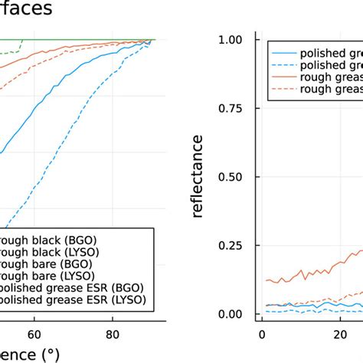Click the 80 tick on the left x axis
point(113,334)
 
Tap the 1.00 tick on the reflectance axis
point(233,40)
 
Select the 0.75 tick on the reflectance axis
point(233,108)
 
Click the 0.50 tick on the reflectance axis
point(233,177)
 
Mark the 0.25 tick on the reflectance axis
point(233,245)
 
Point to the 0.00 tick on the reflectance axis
point(233,314)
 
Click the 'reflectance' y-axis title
point(198,176)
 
